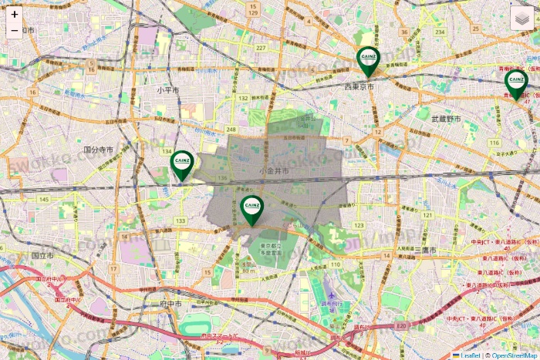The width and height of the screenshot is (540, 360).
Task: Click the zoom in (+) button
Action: (15, 14)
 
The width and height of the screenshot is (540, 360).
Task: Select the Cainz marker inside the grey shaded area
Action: (251, 208)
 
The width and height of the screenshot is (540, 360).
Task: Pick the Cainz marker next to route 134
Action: (182, 163)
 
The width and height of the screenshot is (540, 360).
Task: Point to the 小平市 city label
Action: (167, 90)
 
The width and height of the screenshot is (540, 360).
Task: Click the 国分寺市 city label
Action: (99, 150)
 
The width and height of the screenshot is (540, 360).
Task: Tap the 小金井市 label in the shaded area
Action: (274, 170)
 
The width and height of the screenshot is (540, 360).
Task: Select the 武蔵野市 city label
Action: (446, 119)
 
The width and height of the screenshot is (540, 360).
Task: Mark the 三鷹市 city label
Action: (425, 251)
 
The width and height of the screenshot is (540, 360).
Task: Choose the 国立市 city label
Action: (42, 254)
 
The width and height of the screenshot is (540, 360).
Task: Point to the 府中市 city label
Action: (170, 304)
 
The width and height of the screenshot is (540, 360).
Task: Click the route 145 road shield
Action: (43, 200)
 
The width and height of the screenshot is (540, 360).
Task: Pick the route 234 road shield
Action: (440, 32)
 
